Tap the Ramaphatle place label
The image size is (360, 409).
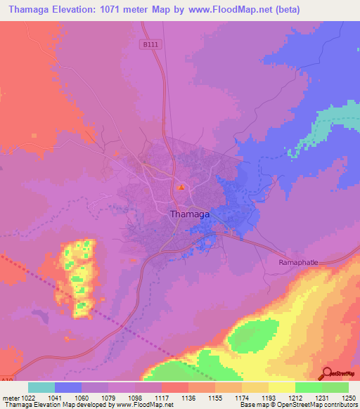click(x=293, y=261)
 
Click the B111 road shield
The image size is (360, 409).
click(x=146, y=44)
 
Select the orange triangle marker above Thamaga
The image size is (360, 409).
click(x=181, y=187)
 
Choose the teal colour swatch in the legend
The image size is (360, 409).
click(x=41, y=387)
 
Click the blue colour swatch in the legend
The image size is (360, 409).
click(x=68, y=387)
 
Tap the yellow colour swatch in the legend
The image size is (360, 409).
click(x=281, y=387)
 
